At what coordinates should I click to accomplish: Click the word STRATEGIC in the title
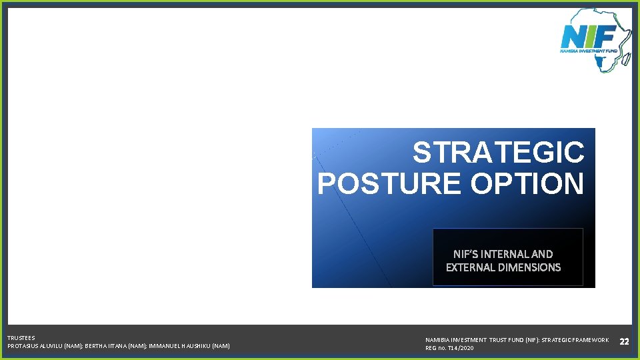pos(498,153)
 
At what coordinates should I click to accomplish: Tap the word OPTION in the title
pos(527,183)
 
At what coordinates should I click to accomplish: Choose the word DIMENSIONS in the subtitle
pos(531,267)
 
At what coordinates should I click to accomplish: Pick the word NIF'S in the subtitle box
pos(465,254)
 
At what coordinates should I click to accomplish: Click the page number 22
pos(624,341)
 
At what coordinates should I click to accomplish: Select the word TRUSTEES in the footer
pos(21,338)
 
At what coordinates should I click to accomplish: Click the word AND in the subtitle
pos(543,254)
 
